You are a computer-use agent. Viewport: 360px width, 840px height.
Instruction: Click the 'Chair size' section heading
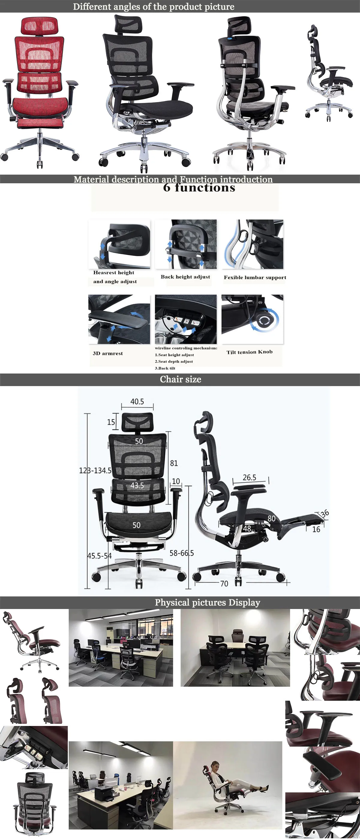[180, 379]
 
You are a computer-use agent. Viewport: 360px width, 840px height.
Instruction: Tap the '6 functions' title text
[199, 187]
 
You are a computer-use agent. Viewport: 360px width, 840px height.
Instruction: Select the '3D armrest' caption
[108, 353]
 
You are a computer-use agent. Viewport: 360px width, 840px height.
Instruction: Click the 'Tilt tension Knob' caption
[250, 352]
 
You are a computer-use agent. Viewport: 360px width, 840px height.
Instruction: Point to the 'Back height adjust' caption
[185, 277]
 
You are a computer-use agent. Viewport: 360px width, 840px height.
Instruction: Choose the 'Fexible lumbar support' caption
[255, 277]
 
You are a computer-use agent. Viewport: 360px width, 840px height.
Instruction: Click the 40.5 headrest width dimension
[137, 402]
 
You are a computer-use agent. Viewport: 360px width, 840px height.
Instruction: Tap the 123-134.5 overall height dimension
[95, 470]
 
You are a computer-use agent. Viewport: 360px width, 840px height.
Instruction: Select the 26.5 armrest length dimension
[250, 477]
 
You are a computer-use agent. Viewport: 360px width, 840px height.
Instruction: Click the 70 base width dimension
[224, 583]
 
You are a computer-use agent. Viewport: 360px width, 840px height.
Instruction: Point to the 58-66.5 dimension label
[181, 553]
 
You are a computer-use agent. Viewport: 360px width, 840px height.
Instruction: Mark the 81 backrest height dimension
[174, 463]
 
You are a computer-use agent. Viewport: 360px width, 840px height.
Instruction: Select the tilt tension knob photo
[252, 319]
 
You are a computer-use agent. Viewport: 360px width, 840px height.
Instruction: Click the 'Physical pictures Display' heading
[207, 602]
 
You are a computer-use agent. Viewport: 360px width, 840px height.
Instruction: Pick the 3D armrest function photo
[119, 319]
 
